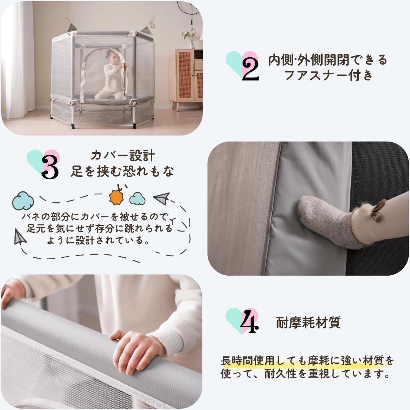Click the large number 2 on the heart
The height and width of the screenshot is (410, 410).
(x=250, y=69)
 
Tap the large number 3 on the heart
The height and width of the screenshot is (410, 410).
(x=50, y=167)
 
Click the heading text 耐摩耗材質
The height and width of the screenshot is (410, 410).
(x=308, y=323)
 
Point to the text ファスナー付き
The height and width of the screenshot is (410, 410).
(x=329, y=75)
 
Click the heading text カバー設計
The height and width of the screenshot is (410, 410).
(x=123, y=156)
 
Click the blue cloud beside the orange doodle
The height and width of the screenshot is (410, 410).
(x=137, y=199)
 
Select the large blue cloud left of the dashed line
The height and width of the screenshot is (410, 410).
(x=23, y=201)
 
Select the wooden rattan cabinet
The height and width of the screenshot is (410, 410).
(x=186, y=77)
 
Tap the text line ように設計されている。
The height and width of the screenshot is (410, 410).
(x=97, y=240)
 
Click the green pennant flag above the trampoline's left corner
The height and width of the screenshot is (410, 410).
(x=72, y=27)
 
